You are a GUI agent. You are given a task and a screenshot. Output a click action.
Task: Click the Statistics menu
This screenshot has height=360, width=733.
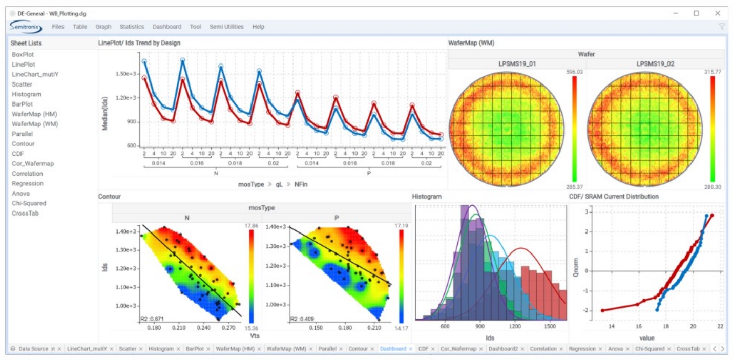pos(132,27)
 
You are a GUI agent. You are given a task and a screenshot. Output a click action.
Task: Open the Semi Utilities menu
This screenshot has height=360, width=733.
pos(226,27)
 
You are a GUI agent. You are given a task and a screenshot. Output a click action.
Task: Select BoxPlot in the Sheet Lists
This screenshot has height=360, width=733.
pos(23,54)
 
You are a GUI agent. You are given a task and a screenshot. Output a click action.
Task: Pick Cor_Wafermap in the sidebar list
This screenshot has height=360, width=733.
pos(33,164)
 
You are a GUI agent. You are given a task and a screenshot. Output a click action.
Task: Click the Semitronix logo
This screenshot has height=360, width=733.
pos(26,27)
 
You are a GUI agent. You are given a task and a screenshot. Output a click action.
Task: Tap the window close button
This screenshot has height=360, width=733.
pos(717,13)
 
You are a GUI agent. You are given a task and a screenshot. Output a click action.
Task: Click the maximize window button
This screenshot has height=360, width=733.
pos(696,13)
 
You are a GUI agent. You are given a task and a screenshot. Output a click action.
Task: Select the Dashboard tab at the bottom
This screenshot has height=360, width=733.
pos(393,349)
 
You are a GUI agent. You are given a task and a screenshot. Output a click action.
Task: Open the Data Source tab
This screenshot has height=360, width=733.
pos(33,349)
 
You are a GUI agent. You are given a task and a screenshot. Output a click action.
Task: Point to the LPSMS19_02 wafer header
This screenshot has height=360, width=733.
pos(655,64)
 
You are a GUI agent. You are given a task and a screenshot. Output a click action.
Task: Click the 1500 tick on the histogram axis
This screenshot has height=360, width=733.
pos(550,326)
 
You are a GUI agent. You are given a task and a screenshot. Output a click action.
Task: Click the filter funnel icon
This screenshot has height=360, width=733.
pos(722,27)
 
